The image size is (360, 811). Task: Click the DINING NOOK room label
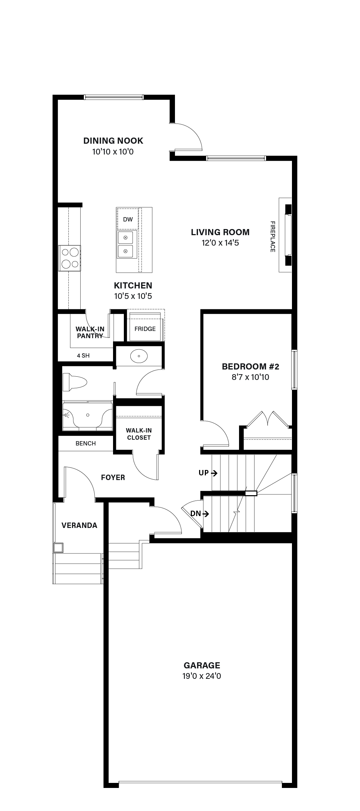point(113,140)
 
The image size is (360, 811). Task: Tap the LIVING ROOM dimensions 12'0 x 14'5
point(220,243)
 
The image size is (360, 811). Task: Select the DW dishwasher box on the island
point(128,219)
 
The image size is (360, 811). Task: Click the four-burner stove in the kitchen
point(70,258)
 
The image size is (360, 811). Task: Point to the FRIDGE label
point(145,329)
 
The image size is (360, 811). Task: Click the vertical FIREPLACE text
point(273,237)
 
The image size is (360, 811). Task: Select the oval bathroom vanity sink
point(139,357)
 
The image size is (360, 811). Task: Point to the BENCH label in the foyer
point(86,443)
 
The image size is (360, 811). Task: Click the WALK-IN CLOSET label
point(139,434)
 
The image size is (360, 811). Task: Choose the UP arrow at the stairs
point(214,473)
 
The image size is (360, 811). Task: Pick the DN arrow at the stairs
point(206,514)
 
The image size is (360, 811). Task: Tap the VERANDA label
point(79,525)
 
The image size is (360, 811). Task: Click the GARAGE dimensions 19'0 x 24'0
point(202,676)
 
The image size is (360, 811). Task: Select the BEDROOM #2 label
point(251,367)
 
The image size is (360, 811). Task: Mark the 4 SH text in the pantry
point(83,355)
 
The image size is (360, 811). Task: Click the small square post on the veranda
point(58,548)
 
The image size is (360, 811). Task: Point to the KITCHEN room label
point(133,286)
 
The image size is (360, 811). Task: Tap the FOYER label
point(113,478)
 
